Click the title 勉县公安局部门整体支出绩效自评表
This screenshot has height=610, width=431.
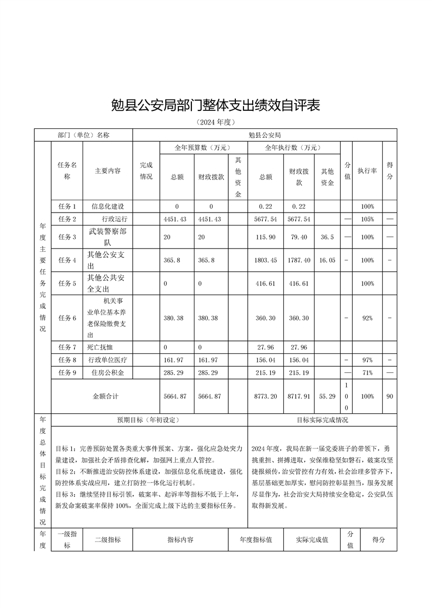pos(215,105)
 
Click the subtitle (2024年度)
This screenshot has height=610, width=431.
pos(215,123)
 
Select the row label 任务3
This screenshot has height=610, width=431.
pos(67,237)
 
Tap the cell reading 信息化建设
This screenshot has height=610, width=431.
pos(108,207)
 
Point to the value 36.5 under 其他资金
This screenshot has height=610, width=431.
pos(327,237)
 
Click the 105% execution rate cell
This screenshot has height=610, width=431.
pos(367,219)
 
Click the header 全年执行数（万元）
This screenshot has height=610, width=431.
pos(293,147)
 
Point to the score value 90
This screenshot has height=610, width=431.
pos(390,396)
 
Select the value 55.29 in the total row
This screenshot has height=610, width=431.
pos(327,396)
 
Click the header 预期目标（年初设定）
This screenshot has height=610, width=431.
pos(148,420)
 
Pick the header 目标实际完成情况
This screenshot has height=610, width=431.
pos(322,420)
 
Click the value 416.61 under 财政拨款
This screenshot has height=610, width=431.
pos(300,283)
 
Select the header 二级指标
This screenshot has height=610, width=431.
pos(108,540)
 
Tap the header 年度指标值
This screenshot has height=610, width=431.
pos(255,540)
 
